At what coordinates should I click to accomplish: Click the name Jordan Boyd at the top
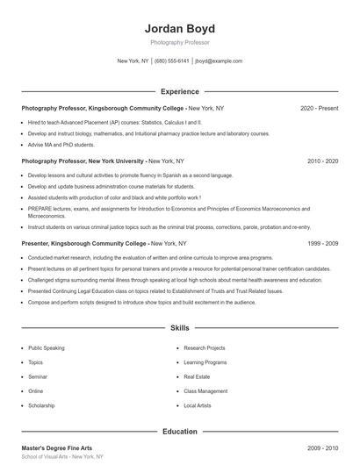179,26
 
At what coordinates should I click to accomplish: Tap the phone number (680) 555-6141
171,61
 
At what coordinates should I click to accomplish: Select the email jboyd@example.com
219,61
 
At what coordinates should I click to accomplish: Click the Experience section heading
179,91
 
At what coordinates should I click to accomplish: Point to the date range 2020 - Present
319,108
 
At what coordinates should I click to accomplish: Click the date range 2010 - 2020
322,162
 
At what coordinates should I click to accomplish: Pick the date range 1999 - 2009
322,243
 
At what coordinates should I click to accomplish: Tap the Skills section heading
179,328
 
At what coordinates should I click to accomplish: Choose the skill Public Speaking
46,348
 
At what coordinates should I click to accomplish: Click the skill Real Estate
198,377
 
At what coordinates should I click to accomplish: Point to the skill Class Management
205,391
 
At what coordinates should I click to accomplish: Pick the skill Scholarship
41,406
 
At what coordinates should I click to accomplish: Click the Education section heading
179,432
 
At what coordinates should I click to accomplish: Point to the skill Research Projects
205,348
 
